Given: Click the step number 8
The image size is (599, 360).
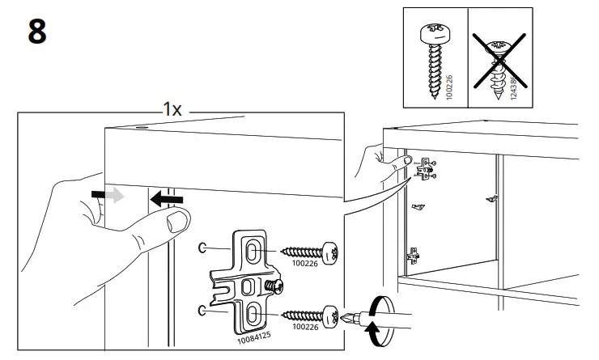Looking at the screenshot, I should tap(37, 32).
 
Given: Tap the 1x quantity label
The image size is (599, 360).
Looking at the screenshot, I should tap(172, 109).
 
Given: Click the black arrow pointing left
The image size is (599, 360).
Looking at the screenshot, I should tap(167, 197).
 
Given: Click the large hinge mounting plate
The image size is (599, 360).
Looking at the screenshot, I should tap(247, 279).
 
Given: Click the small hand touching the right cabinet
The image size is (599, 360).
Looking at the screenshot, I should tap(373, 162).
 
